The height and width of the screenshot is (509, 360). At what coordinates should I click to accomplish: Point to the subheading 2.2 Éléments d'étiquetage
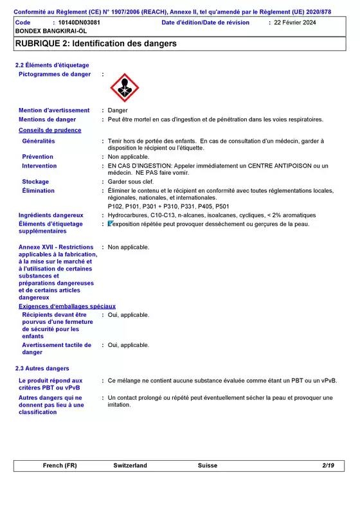pyautogui.click(x=52, y=66)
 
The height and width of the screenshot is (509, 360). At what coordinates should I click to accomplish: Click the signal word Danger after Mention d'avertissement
pyautogui.click(x=118, y=111)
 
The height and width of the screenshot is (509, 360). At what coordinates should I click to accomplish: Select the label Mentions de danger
pyautogui.click(x=47, y=120)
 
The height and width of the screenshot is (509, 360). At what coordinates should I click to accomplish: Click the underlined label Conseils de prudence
pyautogui.click(x=50, y=130)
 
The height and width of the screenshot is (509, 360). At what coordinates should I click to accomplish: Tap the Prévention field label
pyautogui.click(x=38, y=157)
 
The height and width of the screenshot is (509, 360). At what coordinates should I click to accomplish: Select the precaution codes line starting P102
pyautogui.click(x=168, y=206)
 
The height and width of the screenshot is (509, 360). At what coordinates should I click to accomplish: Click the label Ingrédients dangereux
pyautogui.click(x=51, y=215)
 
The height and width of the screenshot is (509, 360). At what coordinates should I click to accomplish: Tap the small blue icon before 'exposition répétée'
pyautogui.click(x=111, y=224)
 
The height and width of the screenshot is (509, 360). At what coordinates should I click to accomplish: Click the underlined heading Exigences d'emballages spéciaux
pyautogui.click(x=67, y=307)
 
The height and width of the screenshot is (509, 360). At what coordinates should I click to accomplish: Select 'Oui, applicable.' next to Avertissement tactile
pyautogui.click(x=129, y=345)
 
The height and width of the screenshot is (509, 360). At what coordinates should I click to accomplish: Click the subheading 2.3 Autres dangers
pyautogui.click(x=42, y=368)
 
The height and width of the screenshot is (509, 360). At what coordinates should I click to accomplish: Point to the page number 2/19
pyautogui.click(x=328, y=465)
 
